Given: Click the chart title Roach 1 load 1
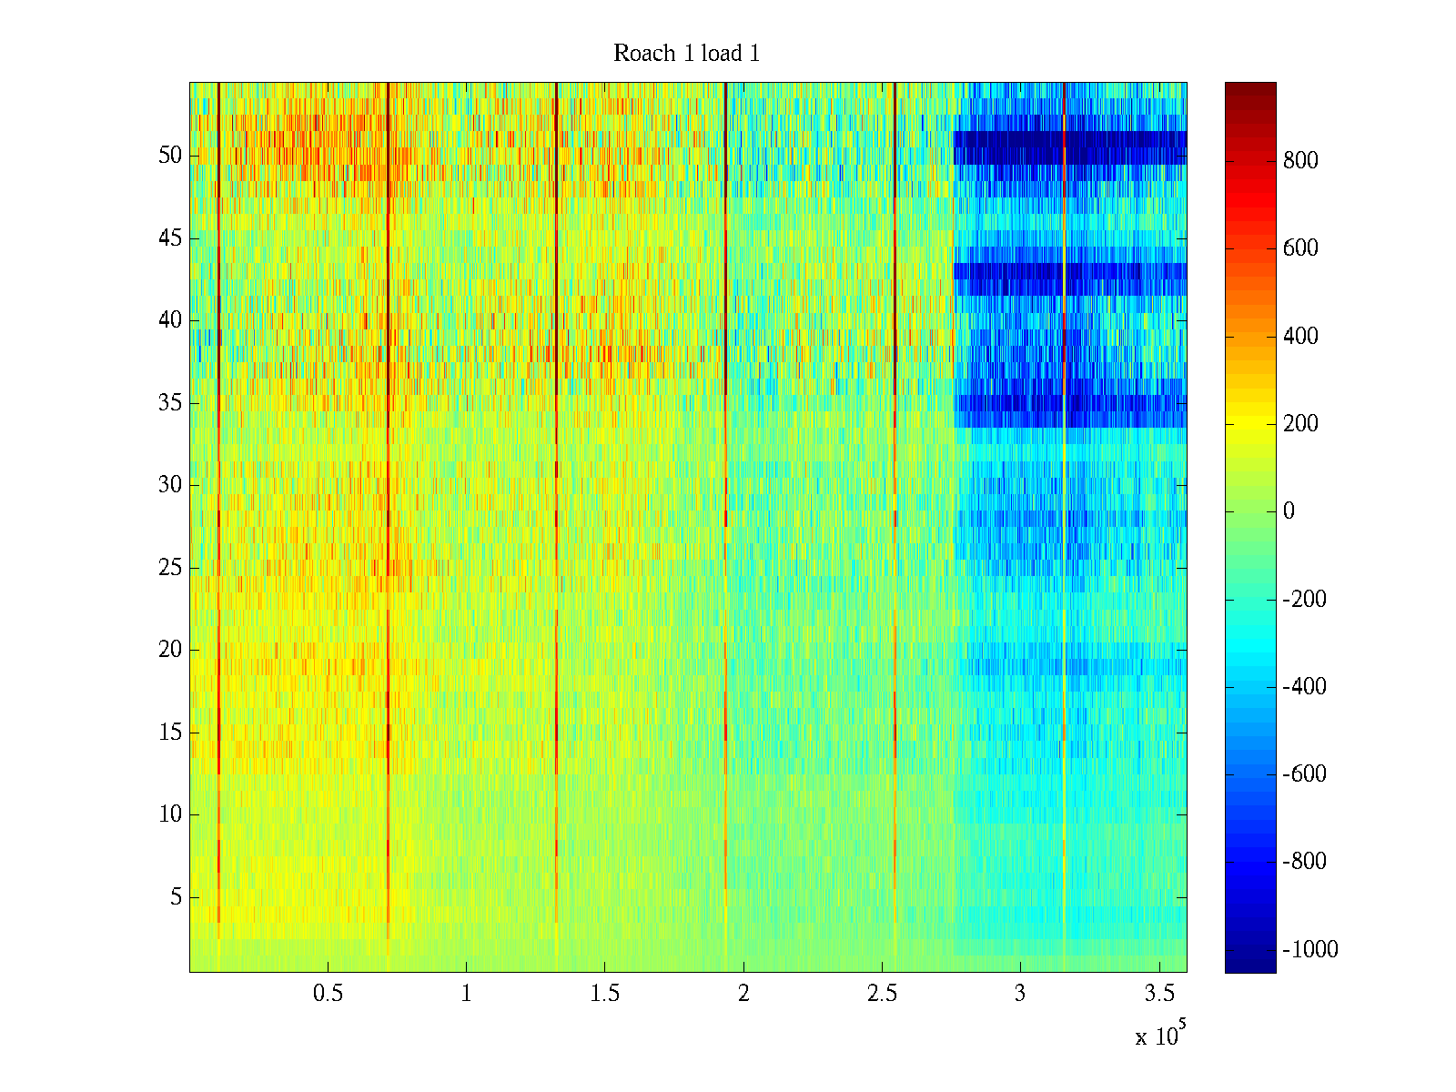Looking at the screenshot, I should click(686, 54).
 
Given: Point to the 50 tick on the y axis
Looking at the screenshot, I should click(170, 156).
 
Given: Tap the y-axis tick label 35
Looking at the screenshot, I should click(170, 403).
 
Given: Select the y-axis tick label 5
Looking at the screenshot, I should click(176, 897).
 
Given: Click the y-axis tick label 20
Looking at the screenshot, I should click(170, 650).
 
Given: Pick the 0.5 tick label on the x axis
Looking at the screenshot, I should click(328, 994).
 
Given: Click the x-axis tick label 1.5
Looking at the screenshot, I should click(605, 994).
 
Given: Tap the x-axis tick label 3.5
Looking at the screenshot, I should click(1158, 994).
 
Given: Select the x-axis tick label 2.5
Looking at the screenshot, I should click(882, 994).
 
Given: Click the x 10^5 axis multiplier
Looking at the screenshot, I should click(1160, 1036).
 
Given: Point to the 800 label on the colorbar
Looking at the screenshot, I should click(1300, 161).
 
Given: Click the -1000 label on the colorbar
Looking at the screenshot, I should click(1310, 950).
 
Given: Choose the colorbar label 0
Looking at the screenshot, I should click(1289, 511).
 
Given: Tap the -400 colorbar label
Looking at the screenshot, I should click(1305, 687).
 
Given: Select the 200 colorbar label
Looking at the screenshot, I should click(1300, 424).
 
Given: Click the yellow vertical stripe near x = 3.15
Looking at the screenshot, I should click(1064, 637).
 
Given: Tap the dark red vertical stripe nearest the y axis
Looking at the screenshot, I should click(219, 455).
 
